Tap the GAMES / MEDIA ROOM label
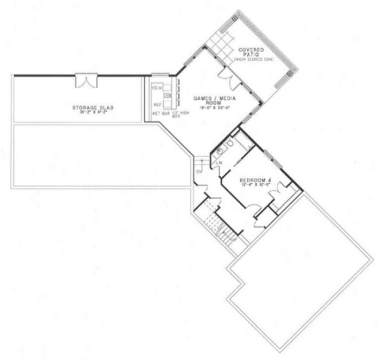(x=210, y=100)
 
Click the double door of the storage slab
(x=86, y=81)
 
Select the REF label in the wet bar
(x=157, y=104)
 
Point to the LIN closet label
(x=221, y=163)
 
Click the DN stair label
(x=198, y=173)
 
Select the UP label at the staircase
(x=233, y=237)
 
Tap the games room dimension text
(x=209, y=108)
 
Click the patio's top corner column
(x=234, y=17)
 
